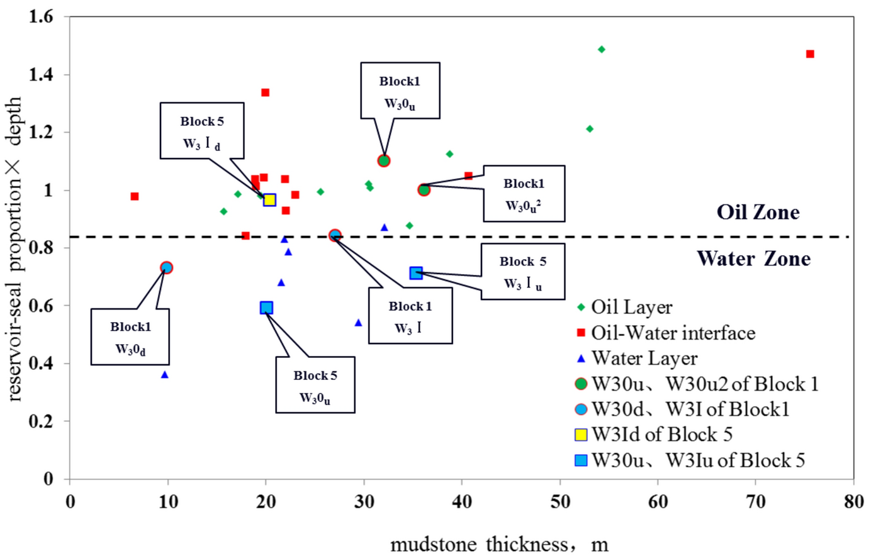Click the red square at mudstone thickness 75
[x=810, y=54]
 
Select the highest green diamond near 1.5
[x=601, y=49]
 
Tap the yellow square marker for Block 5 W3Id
[x=269, y=200]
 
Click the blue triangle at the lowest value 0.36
[x=165, y=375]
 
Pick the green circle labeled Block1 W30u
[x=384, y=160]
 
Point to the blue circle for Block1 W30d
[x=166, y=267]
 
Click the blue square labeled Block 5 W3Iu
[x=416, y=273]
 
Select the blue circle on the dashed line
[x=335, y=235]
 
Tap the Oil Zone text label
[x=758, y=213]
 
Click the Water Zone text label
[x=753, y=259]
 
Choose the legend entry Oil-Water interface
[x=672, y=333]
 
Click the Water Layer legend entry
[x=644, y=359]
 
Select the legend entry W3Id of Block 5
[x=661, y=435]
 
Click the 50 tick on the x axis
[x=560, y=501]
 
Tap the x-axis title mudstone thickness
[x=499, y=544]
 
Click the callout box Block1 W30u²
[x=524, y=194]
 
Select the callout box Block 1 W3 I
[x=410, y=316]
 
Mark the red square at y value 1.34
[x=265, y=92]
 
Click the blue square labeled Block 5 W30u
[x=266, y=308]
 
